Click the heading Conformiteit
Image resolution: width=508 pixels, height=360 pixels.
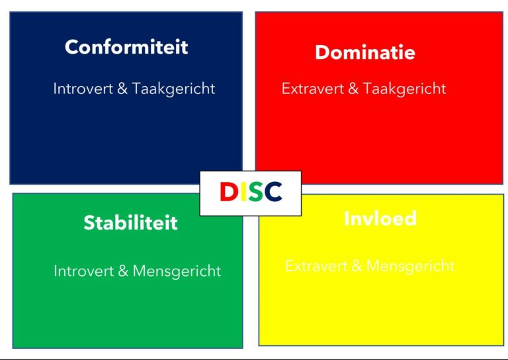tap(126, 47)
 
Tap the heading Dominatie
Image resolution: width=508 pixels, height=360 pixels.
tap(365, 52)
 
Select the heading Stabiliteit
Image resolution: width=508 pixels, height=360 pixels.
tap(130, 222)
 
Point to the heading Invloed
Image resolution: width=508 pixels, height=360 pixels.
tap(380, 218)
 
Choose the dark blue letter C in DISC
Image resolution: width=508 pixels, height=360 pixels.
tap(272, 193)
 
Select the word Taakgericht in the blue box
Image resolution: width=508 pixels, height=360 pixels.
tap(173, 89)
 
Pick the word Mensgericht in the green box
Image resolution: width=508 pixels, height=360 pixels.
tap(177, 271)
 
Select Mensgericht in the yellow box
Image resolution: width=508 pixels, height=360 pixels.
tap(410, 266)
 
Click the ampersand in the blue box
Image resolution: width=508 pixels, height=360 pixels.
tap(122, 89)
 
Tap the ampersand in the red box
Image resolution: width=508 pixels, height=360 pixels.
tap(351, 89)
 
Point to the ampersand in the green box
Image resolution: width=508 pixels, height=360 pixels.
tap(123, 271)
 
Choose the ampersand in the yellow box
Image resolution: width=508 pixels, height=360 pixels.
tap(356, 266)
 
